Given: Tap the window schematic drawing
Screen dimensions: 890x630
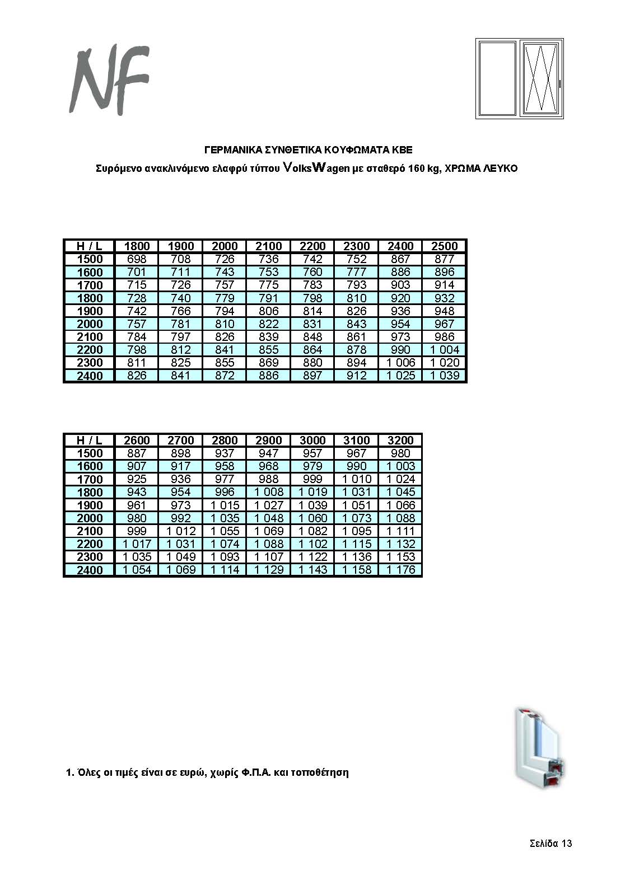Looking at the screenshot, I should pos(519,78).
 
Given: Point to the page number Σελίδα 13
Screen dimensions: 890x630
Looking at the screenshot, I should pos(550,844).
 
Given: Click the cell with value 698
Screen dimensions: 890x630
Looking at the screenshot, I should pos(137,259).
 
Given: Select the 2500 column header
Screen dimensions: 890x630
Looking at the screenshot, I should pos(445,246).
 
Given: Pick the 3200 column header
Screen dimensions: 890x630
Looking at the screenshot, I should pos(400,441).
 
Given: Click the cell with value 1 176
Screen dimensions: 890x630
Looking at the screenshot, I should pos(400,570).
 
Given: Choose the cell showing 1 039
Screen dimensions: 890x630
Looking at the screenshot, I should pos(445,376).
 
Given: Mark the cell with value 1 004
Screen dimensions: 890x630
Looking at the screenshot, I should pos(445,350).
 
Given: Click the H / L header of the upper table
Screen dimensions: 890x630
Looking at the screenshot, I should pos(90,246).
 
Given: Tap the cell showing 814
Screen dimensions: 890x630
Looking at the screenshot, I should pos(312,311).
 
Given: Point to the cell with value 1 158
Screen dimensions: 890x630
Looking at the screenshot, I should pos(356,570).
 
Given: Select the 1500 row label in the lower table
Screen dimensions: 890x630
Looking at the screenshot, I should pos(90,453).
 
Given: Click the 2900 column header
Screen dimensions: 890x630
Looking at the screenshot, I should pos(269,441).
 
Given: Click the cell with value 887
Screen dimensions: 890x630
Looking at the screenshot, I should pos(137,453).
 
